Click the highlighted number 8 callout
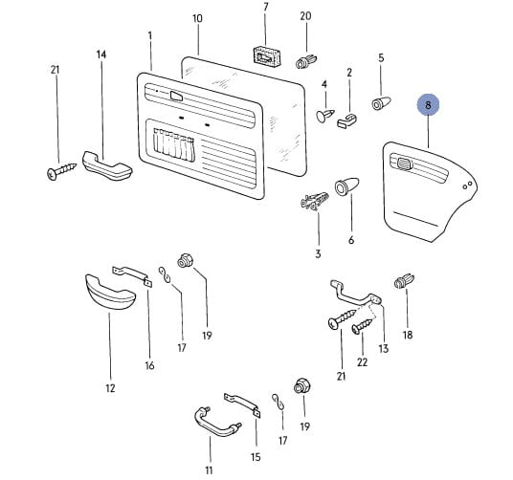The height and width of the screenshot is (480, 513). point(428,105)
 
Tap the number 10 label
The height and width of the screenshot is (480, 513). point(197,18)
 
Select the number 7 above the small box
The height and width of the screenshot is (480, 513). point(266,7)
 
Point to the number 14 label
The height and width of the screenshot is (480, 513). point(101,55)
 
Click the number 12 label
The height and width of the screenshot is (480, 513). point(111,388)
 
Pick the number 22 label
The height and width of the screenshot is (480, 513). point(362,362)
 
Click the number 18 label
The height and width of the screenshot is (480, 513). point(408,335)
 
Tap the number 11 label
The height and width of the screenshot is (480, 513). point(209,470)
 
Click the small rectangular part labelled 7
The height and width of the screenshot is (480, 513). point(267,56)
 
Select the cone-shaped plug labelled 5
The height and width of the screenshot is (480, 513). point(382,103)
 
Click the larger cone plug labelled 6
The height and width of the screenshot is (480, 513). point(346,187)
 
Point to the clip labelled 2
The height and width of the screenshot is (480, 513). point(347,120)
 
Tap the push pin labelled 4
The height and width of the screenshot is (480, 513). point(325,116)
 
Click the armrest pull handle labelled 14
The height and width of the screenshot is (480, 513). point(107,166)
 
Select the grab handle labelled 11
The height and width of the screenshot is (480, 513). point(217,422)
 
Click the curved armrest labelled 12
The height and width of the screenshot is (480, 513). point(110,293)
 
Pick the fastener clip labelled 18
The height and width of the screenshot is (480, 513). point(405,281)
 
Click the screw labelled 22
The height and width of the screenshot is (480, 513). point(362,326)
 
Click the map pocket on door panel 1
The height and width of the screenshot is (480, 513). point(174,144)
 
